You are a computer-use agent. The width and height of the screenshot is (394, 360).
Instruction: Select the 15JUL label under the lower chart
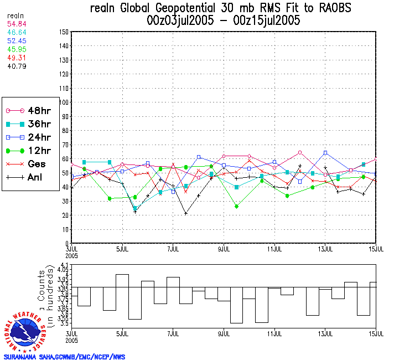[376, 334]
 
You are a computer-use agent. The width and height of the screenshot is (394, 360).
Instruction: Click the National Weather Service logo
[25, 331]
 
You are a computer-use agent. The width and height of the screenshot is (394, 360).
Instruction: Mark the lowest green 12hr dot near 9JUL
[237, 206]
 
